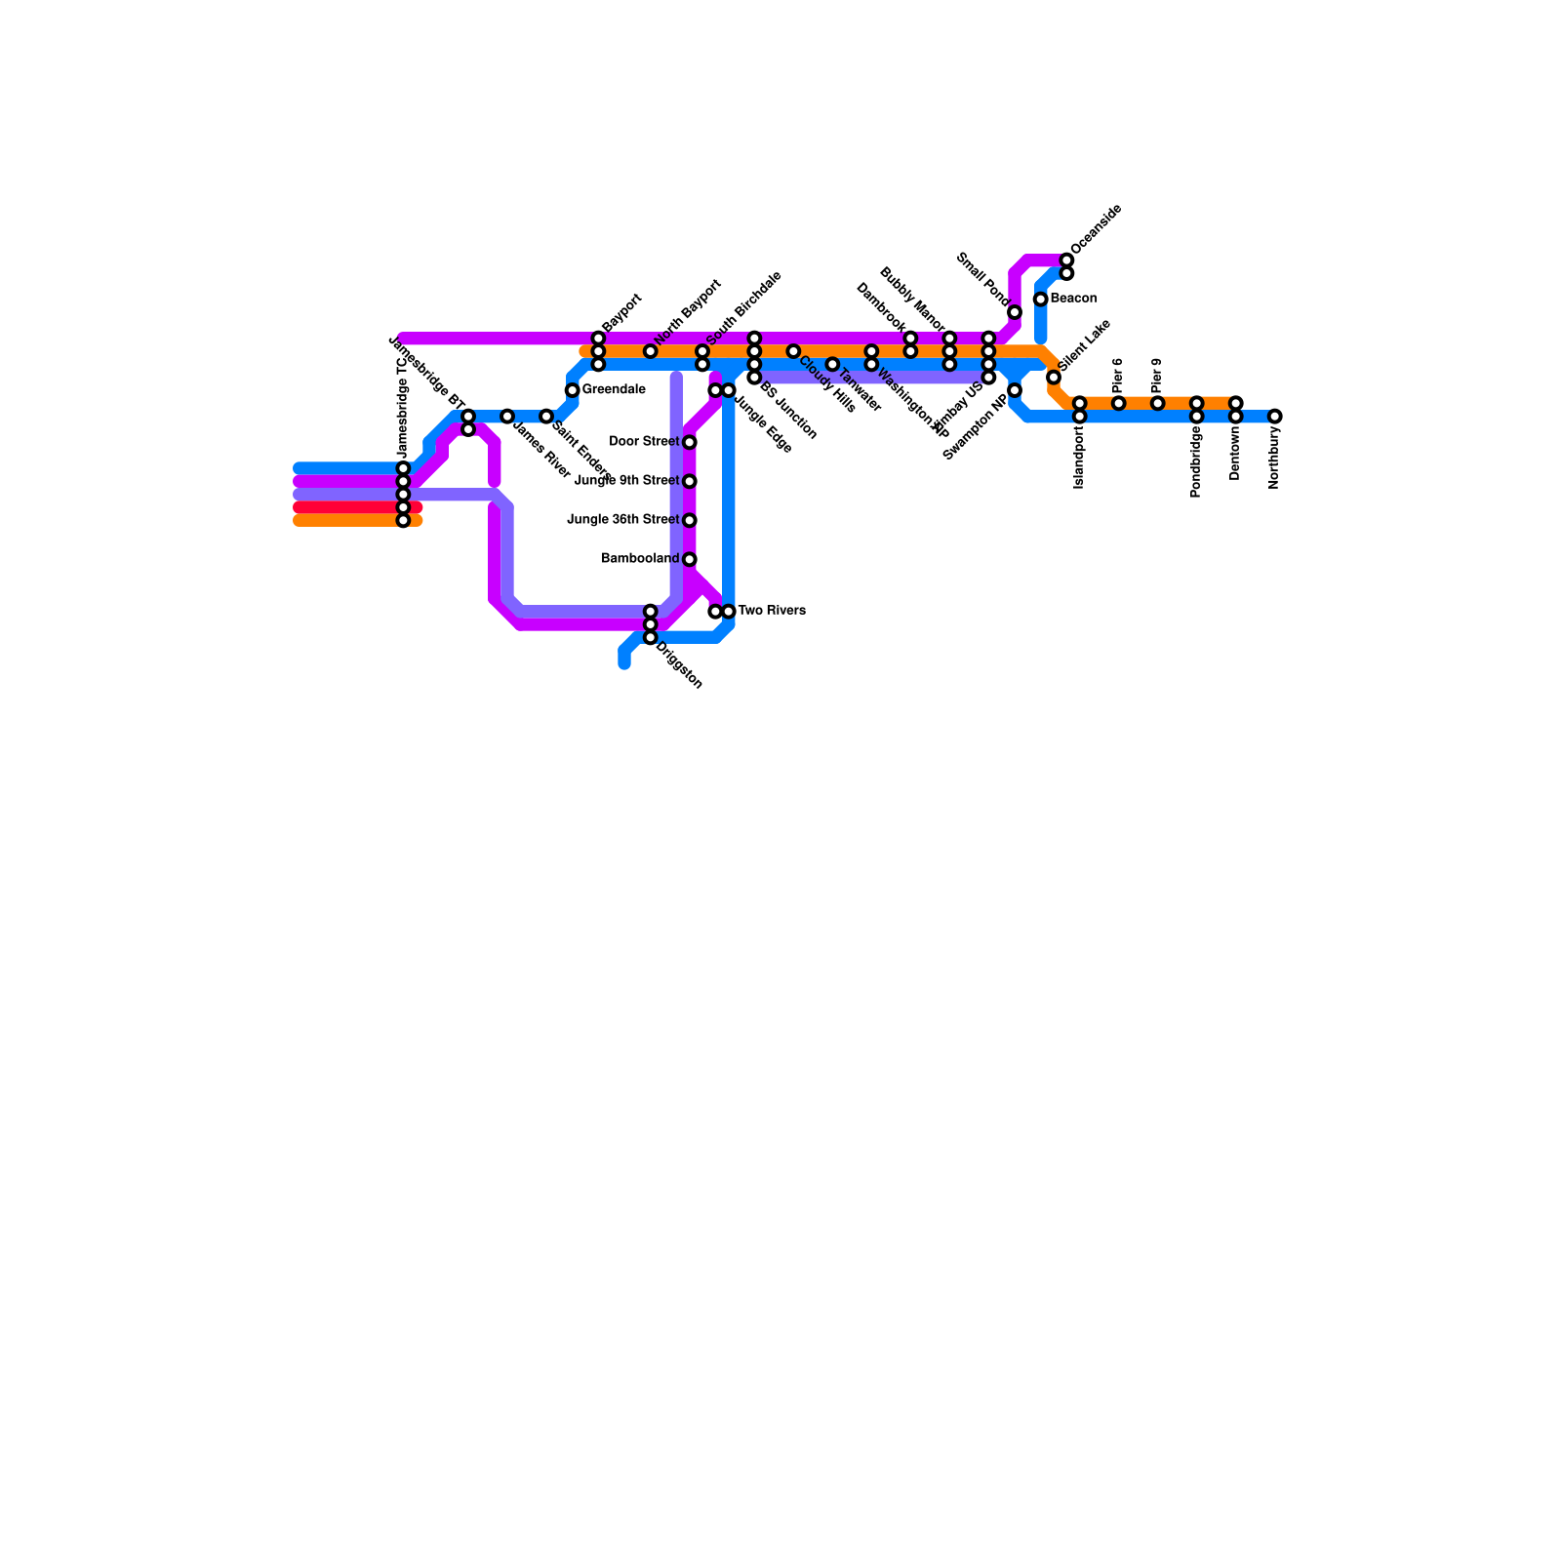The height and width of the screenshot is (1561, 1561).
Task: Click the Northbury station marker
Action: point(1274,417)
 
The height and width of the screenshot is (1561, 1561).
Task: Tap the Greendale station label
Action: point(613,390)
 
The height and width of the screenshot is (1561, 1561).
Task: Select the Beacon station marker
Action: point(1041,300)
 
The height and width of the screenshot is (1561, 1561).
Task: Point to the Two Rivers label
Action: point(771,612)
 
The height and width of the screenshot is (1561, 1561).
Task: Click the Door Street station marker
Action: point(690,443)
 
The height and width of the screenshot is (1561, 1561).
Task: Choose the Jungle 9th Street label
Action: point(626,481)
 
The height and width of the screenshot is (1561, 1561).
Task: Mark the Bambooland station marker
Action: point(690,560)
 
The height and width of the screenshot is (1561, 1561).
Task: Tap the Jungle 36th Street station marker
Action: point(690,521)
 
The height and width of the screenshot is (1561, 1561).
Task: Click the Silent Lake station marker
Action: point(1054,378)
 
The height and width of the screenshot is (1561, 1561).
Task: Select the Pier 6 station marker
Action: point(1119,404)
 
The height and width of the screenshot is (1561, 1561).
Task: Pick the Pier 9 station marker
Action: point(1158,404)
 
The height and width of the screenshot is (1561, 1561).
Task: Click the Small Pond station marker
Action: point(1015,312)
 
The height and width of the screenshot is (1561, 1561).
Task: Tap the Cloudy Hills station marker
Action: point(793,351)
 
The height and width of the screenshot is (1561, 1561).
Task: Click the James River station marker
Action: point(507,417)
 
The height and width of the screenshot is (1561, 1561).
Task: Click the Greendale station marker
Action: point(573,390)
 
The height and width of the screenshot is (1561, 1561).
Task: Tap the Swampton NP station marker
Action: point(1015,390)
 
